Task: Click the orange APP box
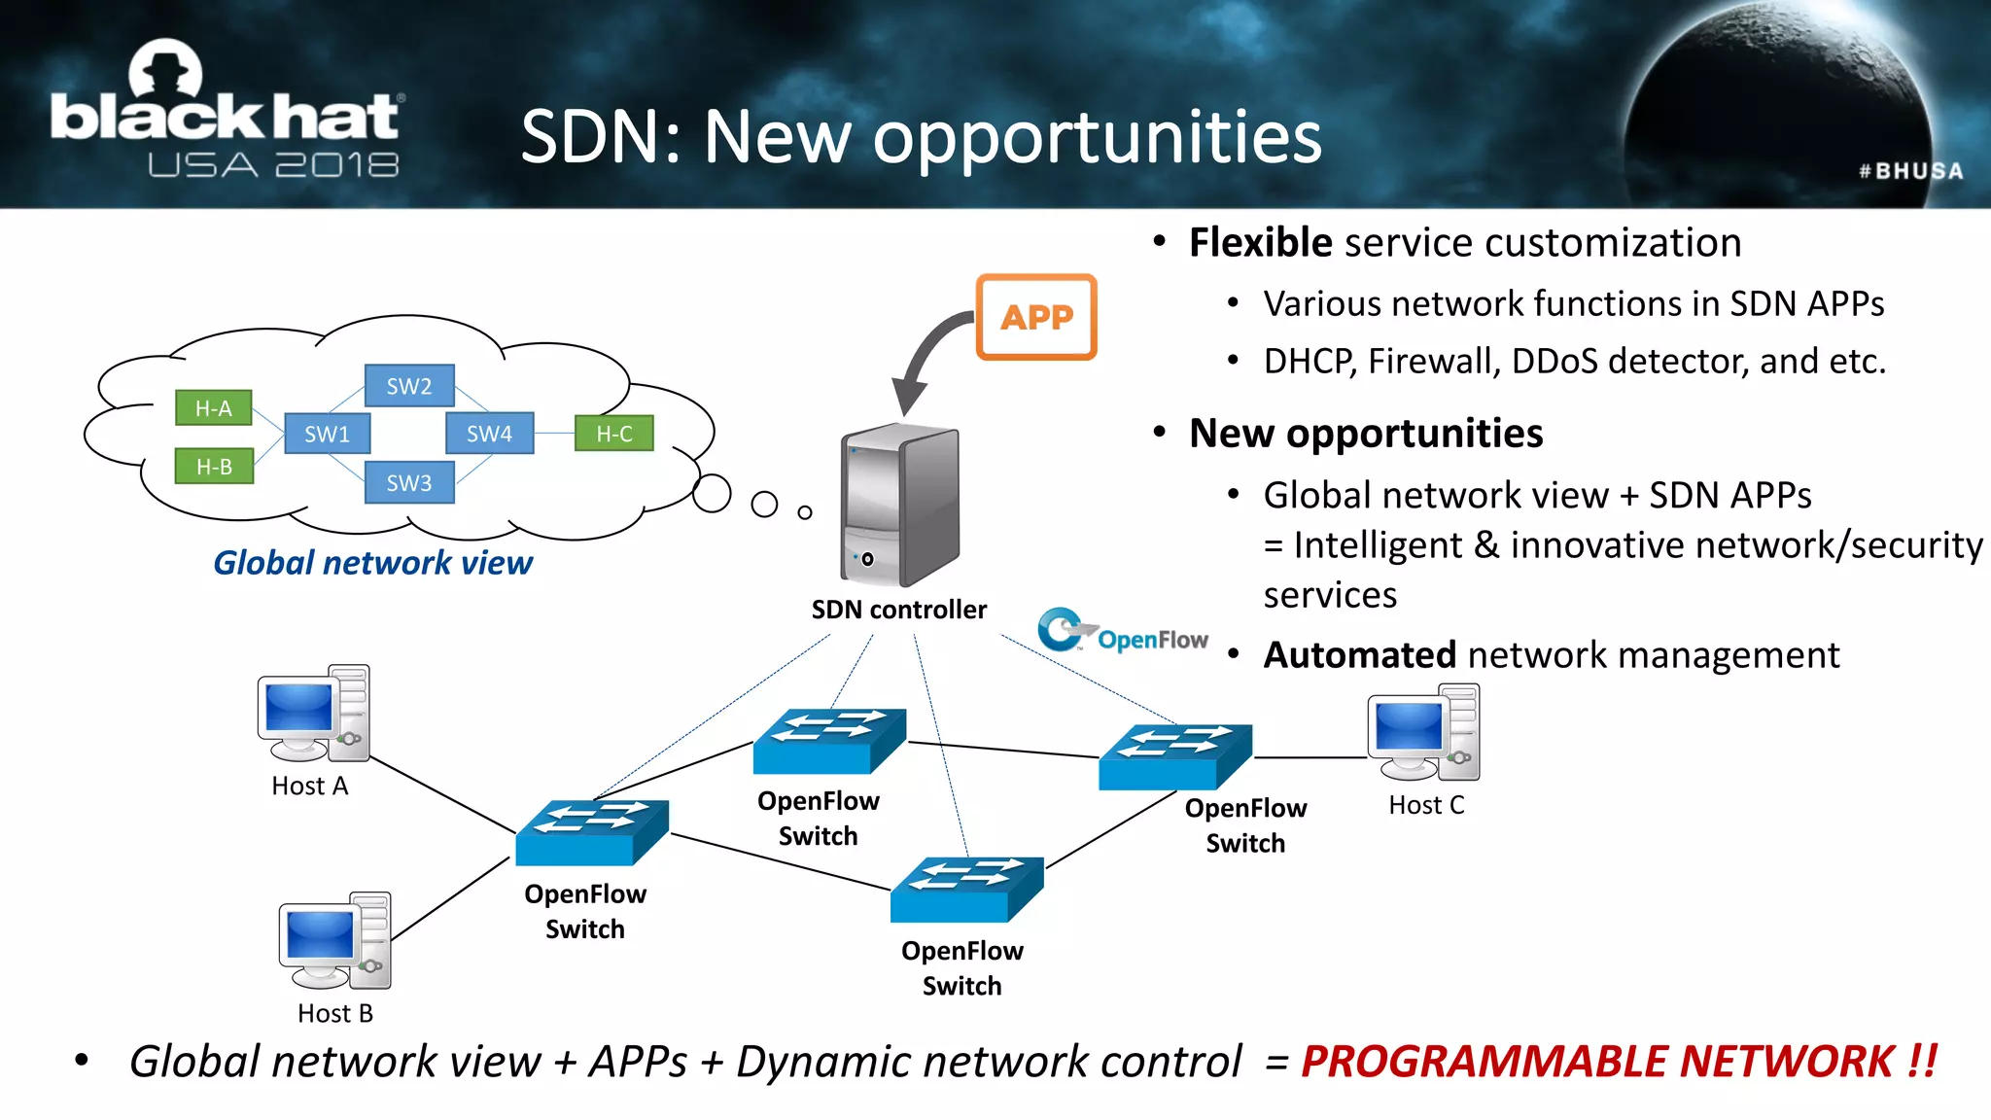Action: [x=1036, y=317]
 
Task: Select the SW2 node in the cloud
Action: [x=409, y=386]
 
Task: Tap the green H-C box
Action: [x=613, y=434]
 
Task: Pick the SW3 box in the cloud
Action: [x=409, y=483]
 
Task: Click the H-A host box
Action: [x=214, y=408]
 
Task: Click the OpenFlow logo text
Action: [x=1152, y=639]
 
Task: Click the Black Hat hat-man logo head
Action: [x=165, y=68]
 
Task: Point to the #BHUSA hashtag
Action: [x=1910, y=171]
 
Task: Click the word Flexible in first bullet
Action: [x=1260, y=242]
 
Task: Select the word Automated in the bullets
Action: [x=1359, y=654]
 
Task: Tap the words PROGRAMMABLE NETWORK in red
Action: [x=1618, y=1061]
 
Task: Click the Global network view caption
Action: [x=372, y=562]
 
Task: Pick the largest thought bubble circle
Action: [x=712, y=494]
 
